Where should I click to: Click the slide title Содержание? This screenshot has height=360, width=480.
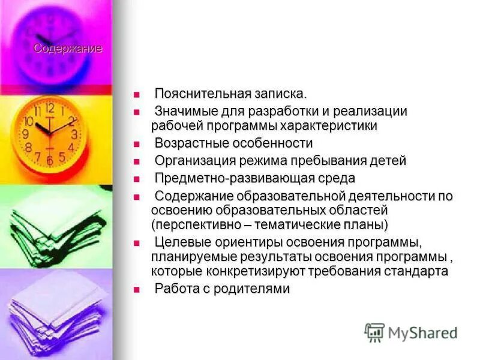tap(67, 49)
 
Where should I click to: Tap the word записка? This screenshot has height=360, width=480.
tap(279, 94)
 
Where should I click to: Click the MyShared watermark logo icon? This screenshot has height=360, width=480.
tap(375, 332)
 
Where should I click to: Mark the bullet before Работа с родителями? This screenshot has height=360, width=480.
tap(136, 289)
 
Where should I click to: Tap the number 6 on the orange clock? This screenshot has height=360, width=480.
tap(50, 161)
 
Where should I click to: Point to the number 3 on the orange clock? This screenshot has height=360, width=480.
tap(74, 134)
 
